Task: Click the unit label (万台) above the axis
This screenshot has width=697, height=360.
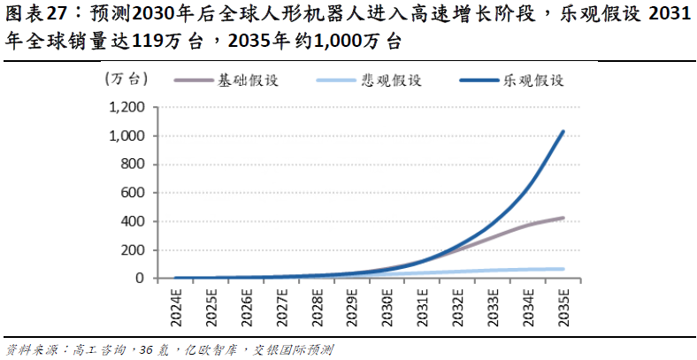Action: coord(125,80)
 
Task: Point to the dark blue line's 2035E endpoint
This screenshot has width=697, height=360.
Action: coord(563,133)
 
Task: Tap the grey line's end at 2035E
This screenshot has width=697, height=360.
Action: coord(563,218)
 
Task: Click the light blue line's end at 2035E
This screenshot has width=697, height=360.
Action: coord(563,269)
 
